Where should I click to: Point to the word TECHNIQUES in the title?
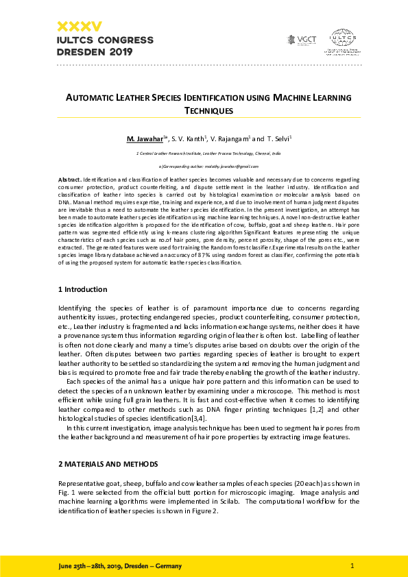[x=209, y=110]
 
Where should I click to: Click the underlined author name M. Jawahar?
[x=148, y=139]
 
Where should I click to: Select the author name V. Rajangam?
[x=229, y=139]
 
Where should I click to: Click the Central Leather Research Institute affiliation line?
[x=209, y=154]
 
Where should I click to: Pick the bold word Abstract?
[x=69, y=179]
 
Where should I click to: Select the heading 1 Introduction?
[x=83, y=290]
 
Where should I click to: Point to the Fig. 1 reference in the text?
[x=64, y=493]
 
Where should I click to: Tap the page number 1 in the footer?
[x=352, y=566]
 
